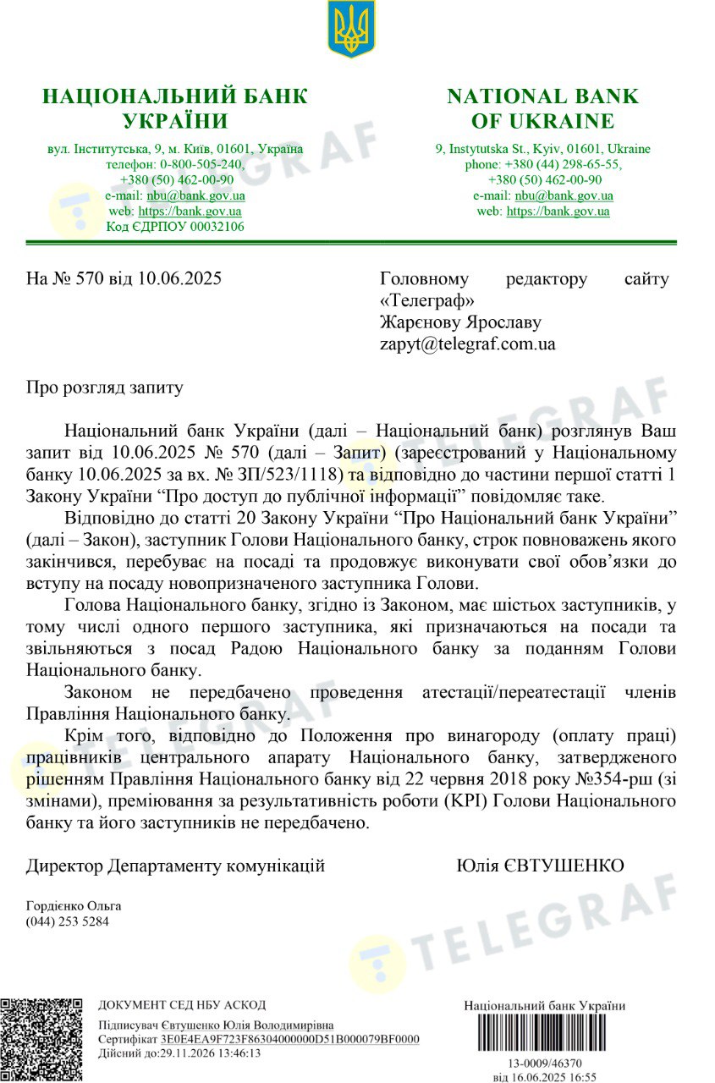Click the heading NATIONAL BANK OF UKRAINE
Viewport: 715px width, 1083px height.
[543, 108]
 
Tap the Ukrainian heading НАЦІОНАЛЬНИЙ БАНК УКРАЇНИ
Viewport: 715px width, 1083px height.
[175, 108]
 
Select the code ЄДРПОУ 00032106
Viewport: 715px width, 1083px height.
[175, 227]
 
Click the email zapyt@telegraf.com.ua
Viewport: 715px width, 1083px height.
[468, 344]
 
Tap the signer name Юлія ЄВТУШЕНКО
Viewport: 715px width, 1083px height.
[540, 866]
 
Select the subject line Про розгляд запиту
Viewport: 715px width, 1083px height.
[105, 388]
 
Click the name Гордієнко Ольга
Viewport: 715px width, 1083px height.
[74, 905]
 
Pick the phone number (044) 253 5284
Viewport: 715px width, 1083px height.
[68, 921]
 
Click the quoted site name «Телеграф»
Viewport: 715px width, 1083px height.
[427, 300]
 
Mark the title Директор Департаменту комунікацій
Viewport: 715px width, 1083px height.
[175, 866]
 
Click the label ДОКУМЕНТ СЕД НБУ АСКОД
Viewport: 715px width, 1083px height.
[182, 1005]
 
